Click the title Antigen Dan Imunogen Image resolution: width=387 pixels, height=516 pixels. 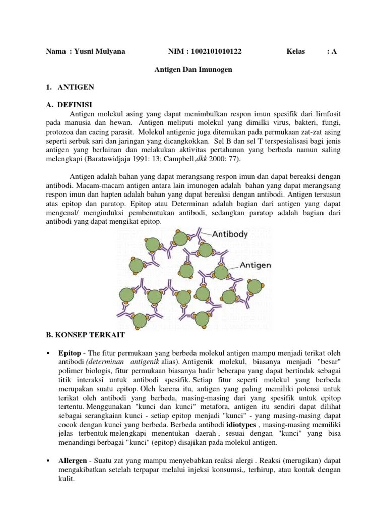coord(193,69)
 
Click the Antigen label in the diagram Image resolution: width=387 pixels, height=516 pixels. coord(255,264)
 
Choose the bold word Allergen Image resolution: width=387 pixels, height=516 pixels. coord(73,461)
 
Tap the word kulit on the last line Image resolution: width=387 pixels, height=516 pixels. coord(67,479)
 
